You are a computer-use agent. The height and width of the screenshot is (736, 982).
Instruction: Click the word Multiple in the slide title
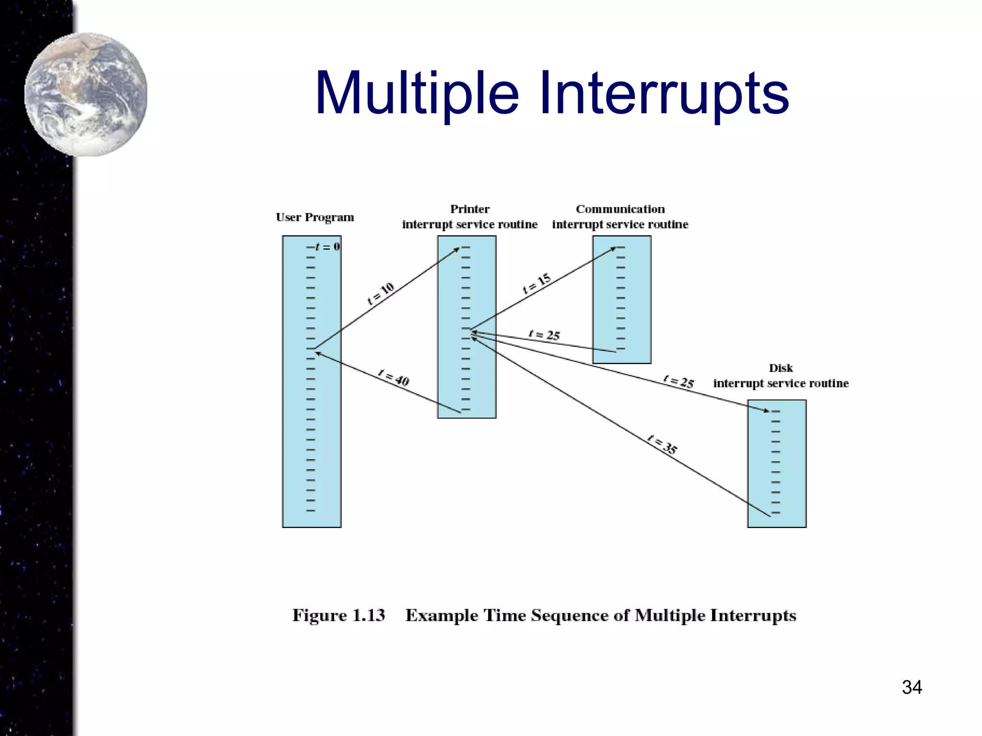pos(416,93)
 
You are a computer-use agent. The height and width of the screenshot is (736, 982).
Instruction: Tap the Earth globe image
pos(86,94)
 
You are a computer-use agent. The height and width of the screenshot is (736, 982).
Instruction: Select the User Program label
pos(315,217)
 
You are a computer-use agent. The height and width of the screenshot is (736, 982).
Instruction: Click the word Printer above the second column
pos(469,209)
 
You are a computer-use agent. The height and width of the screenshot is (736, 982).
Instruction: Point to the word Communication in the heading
pos(620,209)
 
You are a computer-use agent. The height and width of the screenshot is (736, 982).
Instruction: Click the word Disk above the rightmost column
pos(781,368)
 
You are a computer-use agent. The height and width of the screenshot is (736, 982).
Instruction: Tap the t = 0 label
pos(327,247)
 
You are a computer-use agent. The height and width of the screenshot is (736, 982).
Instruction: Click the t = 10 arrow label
pos(381,293)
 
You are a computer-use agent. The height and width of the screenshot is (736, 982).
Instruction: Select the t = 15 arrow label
pos(537,283)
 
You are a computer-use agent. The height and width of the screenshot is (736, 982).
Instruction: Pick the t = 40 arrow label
pos(393,378)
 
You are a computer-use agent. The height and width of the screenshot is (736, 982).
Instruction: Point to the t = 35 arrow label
pos(662,444)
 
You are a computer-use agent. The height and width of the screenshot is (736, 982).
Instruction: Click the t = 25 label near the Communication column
pos(544,334)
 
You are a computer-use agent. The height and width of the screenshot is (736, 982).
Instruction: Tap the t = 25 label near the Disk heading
pos(679,381)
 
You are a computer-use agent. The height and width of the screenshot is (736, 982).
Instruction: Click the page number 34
pos(912,687)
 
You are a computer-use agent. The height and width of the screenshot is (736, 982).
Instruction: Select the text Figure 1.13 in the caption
pos(339,615)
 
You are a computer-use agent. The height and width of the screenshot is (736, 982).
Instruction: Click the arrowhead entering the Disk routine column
pos(766,411)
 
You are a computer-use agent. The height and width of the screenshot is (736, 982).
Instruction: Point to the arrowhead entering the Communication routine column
pos(613,248)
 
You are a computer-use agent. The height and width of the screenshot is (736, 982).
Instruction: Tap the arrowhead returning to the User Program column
pos(318,354)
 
